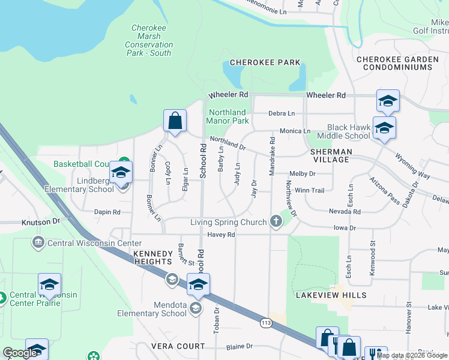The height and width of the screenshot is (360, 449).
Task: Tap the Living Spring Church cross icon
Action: [276, 222]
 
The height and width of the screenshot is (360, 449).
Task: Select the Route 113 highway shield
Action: [267, 323]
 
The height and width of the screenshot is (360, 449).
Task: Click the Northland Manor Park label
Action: [228, 116]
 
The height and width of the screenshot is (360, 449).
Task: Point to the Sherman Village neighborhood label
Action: [330, 156]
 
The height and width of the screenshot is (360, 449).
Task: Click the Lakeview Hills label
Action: [331, 295]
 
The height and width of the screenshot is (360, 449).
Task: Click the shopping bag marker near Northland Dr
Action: [175, 121]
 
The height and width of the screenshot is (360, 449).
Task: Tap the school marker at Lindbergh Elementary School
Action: [121, 173]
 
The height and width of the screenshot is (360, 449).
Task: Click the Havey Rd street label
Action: [221, 235]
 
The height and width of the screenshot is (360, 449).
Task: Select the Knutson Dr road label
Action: [41, 221]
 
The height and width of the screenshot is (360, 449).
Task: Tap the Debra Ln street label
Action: [282, 113]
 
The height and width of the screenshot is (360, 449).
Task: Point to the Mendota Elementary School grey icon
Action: [195, 308]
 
